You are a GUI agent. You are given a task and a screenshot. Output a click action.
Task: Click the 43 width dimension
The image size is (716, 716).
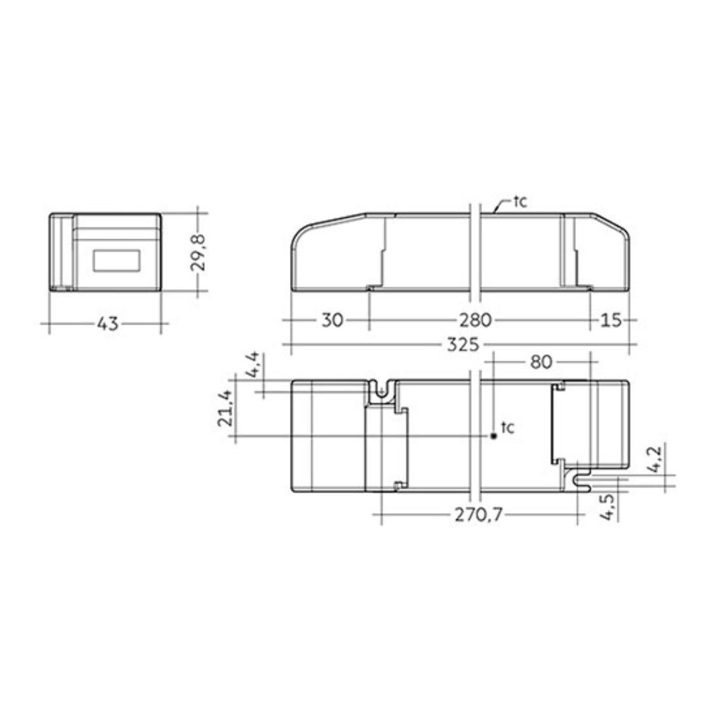[108, 323]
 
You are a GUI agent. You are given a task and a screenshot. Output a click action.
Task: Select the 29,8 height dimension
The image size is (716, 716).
[197, 252]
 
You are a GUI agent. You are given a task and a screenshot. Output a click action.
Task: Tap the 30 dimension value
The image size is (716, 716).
[332, 320]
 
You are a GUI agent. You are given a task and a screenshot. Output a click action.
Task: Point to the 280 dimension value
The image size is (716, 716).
[476, 320]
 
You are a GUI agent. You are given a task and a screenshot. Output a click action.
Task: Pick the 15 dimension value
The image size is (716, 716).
[610, 320]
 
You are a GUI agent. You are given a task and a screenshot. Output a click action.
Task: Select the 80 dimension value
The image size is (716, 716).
[541, 362]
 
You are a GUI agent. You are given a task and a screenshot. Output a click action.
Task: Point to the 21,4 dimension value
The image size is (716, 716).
[225, 408]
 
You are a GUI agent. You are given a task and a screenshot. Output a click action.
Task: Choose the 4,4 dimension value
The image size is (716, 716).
[254, 366]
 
